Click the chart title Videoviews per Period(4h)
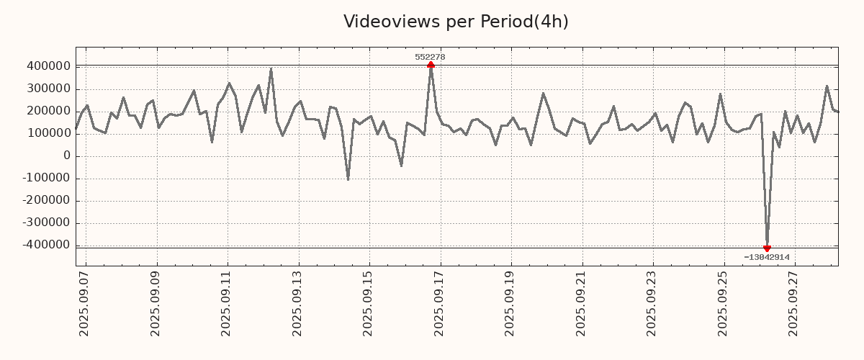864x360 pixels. [x=456, y=22]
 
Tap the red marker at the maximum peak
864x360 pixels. [x=431, y=65]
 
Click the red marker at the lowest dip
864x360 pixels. [x=767, y=248]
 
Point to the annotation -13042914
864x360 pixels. [x=767, y=257]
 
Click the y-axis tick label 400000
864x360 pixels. [x=48, y=66]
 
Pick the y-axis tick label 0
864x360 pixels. [x=66, y=156]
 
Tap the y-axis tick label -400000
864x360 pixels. [x=45, y=246]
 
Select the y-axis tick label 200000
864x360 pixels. [x=48, y=112]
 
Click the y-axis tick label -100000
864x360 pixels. [x=45, y=179]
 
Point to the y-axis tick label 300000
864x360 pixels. [x=48, y=89]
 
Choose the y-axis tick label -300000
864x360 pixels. [x=45, y=223]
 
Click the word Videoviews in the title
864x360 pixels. [x=381, y=22]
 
